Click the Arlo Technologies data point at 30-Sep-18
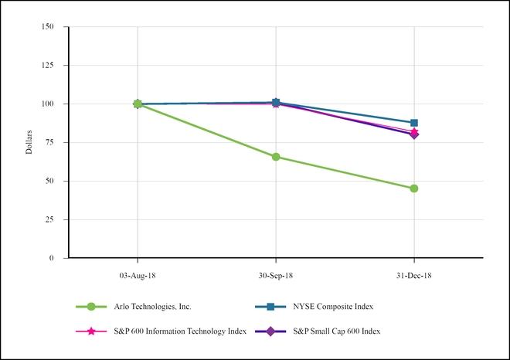276,157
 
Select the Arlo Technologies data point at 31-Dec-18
414,188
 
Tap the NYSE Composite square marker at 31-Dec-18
414,123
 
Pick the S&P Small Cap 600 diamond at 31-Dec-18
414,134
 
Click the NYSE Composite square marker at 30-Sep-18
276,102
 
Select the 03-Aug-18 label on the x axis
138,274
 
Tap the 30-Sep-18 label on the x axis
276,274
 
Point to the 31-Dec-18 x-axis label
414,274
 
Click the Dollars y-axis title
29,142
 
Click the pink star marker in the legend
92,331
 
